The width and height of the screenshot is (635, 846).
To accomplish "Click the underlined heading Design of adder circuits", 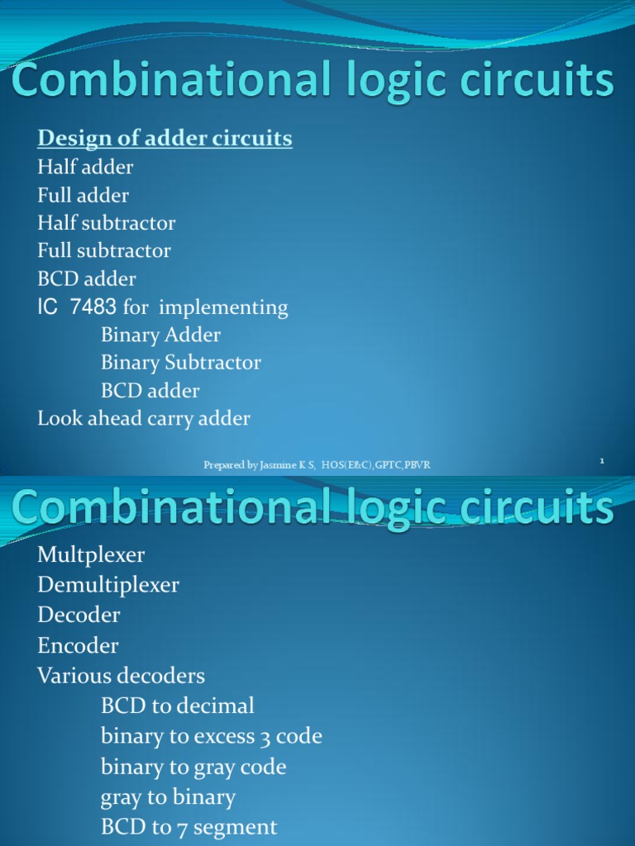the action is [x=165, y=138].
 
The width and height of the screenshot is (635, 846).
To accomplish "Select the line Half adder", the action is [x=85, y=167].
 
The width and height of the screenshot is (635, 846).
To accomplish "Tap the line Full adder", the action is [x=83, y=195].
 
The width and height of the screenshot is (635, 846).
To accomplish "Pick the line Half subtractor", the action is [x=106, y=223].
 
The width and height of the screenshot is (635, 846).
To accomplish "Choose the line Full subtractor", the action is [x=104, y=250].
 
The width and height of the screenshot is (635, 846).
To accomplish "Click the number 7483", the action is [x=93, y=307].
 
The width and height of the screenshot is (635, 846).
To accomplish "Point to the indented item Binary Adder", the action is [x=160, y=335].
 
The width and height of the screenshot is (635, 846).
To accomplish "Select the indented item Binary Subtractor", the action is [x=180, y=363].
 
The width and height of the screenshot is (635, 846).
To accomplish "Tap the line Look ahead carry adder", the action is [x=143, y=418].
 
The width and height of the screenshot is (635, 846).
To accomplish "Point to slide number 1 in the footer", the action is [x=602, y=461].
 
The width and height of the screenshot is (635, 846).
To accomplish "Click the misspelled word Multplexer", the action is [x=92, y=554].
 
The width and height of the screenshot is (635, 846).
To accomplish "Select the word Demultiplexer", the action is [x=107, y=585].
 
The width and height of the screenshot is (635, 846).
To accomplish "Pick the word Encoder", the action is [x=78, y=645].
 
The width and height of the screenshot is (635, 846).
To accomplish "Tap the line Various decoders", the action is [x=121, y=676].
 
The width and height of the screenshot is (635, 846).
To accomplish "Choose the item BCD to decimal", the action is [x=177, y=706].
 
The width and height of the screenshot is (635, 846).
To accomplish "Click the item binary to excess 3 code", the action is [x=211, y=736].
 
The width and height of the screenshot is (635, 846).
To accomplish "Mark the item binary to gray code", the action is [x=193, y=767].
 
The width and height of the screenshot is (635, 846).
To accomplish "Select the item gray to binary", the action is [x=168, y=797].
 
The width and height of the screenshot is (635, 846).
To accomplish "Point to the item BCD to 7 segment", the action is [x=189, y=826].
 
